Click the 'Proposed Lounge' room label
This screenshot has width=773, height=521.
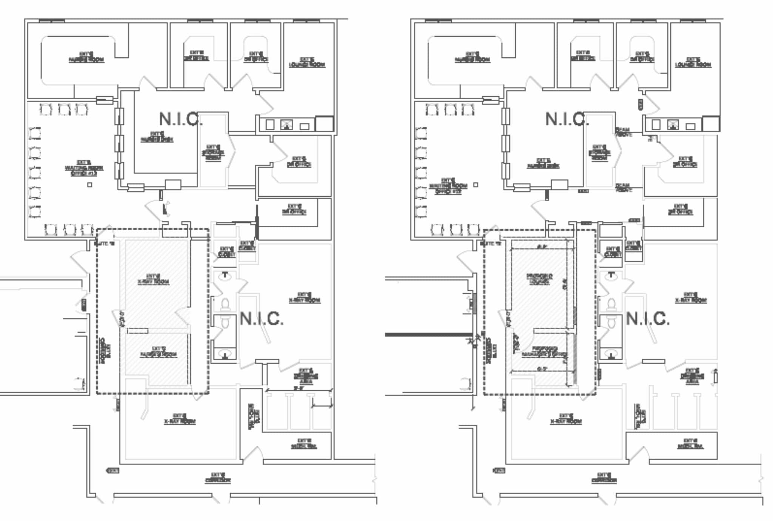tap(539, 279)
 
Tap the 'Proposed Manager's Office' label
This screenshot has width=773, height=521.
tap(544, 351)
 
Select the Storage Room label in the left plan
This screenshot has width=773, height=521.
tap(213, 153)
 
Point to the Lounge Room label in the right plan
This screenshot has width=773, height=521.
tap(693, 62)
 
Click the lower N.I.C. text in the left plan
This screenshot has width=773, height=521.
tap(261, 319)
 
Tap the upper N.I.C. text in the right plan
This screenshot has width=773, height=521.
tap(566, 119)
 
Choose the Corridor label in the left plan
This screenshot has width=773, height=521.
tap(218, 478)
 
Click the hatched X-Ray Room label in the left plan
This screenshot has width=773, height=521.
tap(153, 279)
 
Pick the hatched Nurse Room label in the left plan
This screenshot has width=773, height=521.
tap(159, 352)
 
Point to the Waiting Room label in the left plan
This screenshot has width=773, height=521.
tap(84, 168)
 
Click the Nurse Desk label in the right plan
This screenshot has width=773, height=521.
tap(543, 163)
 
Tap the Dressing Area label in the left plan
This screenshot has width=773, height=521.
tap(306, 376)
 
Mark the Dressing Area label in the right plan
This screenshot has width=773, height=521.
tap(692, 376)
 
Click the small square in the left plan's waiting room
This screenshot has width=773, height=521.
tap(89, 185)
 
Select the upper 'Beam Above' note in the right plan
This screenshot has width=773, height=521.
tap(623, 132)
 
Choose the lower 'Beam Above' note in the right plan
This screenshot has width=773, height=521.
tap(623, 188)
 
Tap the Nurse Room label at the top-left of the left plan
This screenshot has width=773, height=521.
tap(86, 57)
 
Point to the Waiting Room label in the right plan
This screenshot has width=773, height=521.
tap(448, 186)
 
